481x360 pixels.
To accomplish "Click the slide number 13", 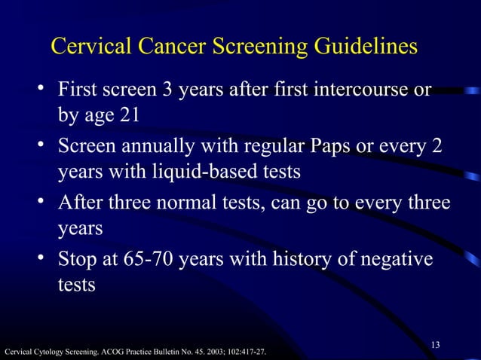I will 435,345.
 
